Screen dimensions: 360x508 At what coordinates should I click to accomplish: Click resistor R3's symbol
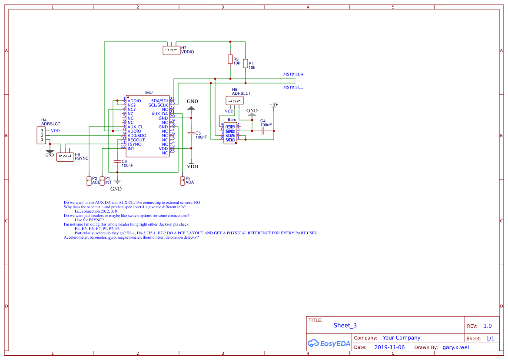tap(230, 59)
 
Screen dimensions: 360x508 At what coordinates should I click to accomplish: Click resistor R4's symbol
tap(246, 64)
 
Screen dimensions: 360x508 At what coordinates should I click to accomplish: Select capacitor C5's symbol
tap(190, 133)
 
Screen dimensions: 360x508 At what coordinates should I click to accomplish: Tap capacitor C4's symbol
tap(263, 130)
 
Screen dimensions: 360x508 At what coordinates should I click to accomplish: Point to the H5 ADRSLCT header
tap(235, 101)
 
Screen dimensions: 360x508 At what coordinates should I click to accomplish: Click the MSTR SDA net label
tap(293, 74)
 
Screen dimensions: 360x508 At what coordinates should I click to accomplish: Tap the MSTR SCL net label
tap(293, 87)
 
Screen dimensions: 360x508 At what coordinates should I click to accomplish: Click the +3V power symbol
tap(274, 105)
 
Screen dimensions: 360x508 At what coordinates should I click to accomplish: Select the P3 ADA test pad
tap(182, 180)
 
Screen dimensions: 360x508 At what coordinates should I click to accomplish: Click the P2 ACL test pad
tap(89, 180)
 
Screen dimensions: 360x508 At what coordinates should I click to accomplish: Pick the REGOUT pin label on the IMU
tap(136, 140)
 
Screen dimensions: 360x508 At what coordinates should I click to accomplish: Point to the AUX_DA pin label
tap(159, 114)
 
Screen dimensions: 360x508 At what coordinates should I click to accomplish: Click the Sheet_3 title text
tap(345, 326)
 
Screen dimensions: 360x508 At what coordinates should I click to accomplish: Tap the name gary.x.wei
tap(455, 347)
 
